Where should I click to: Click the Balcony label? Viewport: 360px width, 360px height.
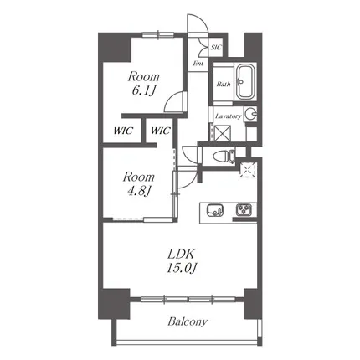pyautogui.click(x=188, y=321)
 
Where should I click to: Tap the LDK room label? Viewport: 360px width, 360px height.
pyautogui.click(x=181, y=254)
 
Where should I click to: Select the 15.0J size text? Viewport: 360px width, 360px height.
pyautogui.click(x=182, y=269)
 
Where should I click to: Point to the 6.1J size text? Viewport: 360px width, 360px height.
pyautogui.click(x=143, y=90)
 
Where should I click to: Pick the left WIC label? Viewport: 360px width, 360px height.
pyautogui.click(x=123, y=131)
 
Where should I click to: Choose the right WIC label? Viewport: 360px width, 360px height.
pyautogui.click(x=160, y=131)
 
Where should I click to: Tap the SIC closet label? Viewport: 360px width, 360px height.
pyautogui.click(x=216, y=47)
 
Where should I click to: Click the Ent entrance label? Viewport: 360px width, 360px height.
pyautogui.click(x=198, y=64)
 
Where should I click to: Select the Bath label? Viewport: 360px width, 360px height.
pyautogui.click(x=224, y=84)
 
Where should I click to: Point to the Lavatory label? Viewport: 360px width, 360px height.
pyautogui.click(x=229, y=116)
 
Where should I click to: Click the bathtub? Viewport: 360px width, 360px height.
pyautogui.click(x=245, y=82)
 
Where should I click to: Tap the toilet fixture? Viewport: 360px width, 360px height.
pyautogui.click(x=224, y=157)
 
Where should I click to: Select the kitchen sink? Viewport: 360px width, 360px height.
pyautogui.click(x=215, y=210)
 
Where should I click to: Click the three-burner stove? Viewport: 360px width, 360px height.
pyautogui.click(x=244, y=210)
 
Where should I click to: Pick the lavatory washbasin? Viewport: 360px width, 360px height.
pyautogui.click(x=250, y=114)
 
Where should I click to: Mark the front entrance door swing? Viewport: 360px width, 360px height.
pyautogui.click(x=197, y=24)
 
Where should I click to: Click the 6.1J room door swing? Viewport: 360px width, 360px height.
pyautogui.click(x=175, y=102)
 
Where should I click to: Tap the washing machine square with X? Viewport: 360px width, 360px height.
pyautogui.click(x=223, y=133)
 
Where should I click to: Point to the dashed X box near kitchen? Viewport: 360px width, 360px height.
pyautogui.click(x=248, y=170)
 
